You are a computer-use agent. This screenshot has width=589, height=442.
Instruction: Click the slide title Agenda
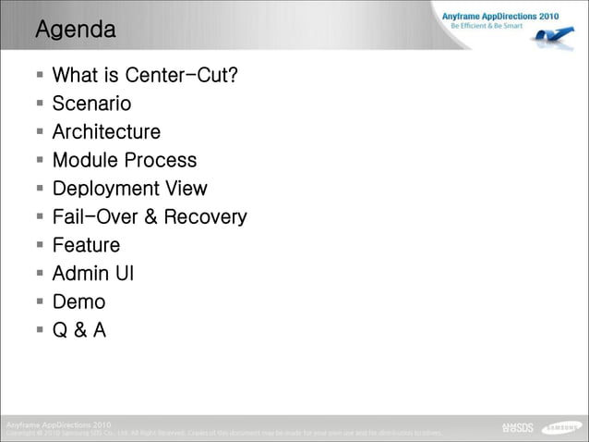(76, 30)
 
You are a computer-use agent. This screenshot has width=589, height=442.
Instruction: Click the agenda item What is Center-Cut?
(145, 75)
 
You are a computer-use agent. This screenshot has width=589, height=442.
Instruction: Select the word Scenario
(91, 104)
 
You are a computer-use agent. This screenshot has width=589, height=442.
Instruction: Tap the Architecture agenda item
(106, 132)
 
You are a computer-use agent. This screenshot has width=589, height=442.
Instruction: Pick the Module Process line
(125, 160)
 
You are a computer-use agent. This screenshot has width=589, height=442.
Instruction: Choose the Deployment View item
(129, 189)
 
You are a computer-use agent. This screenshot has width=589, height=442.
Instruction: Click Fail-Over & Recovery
(150, 217)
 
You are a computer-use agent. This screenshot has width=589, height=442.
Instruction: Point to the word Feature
(86, 245)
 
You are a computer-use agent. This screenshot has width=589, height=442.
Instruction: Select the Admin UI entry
(93, 274)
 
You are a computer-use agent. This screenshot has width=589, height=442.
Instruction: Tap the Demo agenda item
(78, 301)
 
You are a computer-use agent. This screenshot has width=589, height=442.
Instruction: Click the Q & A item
(78, 330)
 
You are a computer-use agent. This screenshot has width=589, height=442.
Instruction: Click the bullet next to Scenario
(41, 104)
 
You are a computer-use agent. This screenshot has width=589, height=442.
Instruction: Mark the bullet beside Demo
(41, 301)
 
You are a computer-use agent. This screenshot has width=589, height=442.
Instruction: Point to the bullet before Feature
(41, 245)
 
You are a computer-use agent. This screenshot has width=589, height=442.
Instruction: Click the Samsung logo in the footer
(561, 427)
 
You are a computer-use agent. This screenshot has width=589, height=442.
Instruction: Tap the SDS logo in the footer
(517, 427)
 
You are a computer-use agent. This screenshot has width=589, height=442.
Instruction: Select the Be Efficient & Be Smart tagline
(487, 26)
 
